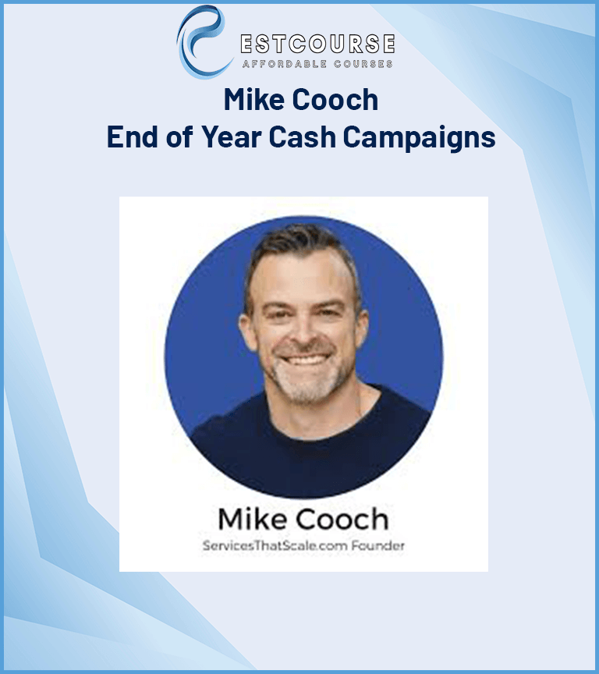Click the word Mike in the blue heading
(251, 101)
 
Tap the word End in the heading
(133, 137)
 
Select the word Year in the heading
(225, 137)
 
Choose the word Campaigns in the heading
(420, 137)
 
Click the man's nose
(306, 332)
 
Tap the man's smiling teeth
(306, 361)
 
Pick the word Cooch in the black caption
(339, 520)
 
